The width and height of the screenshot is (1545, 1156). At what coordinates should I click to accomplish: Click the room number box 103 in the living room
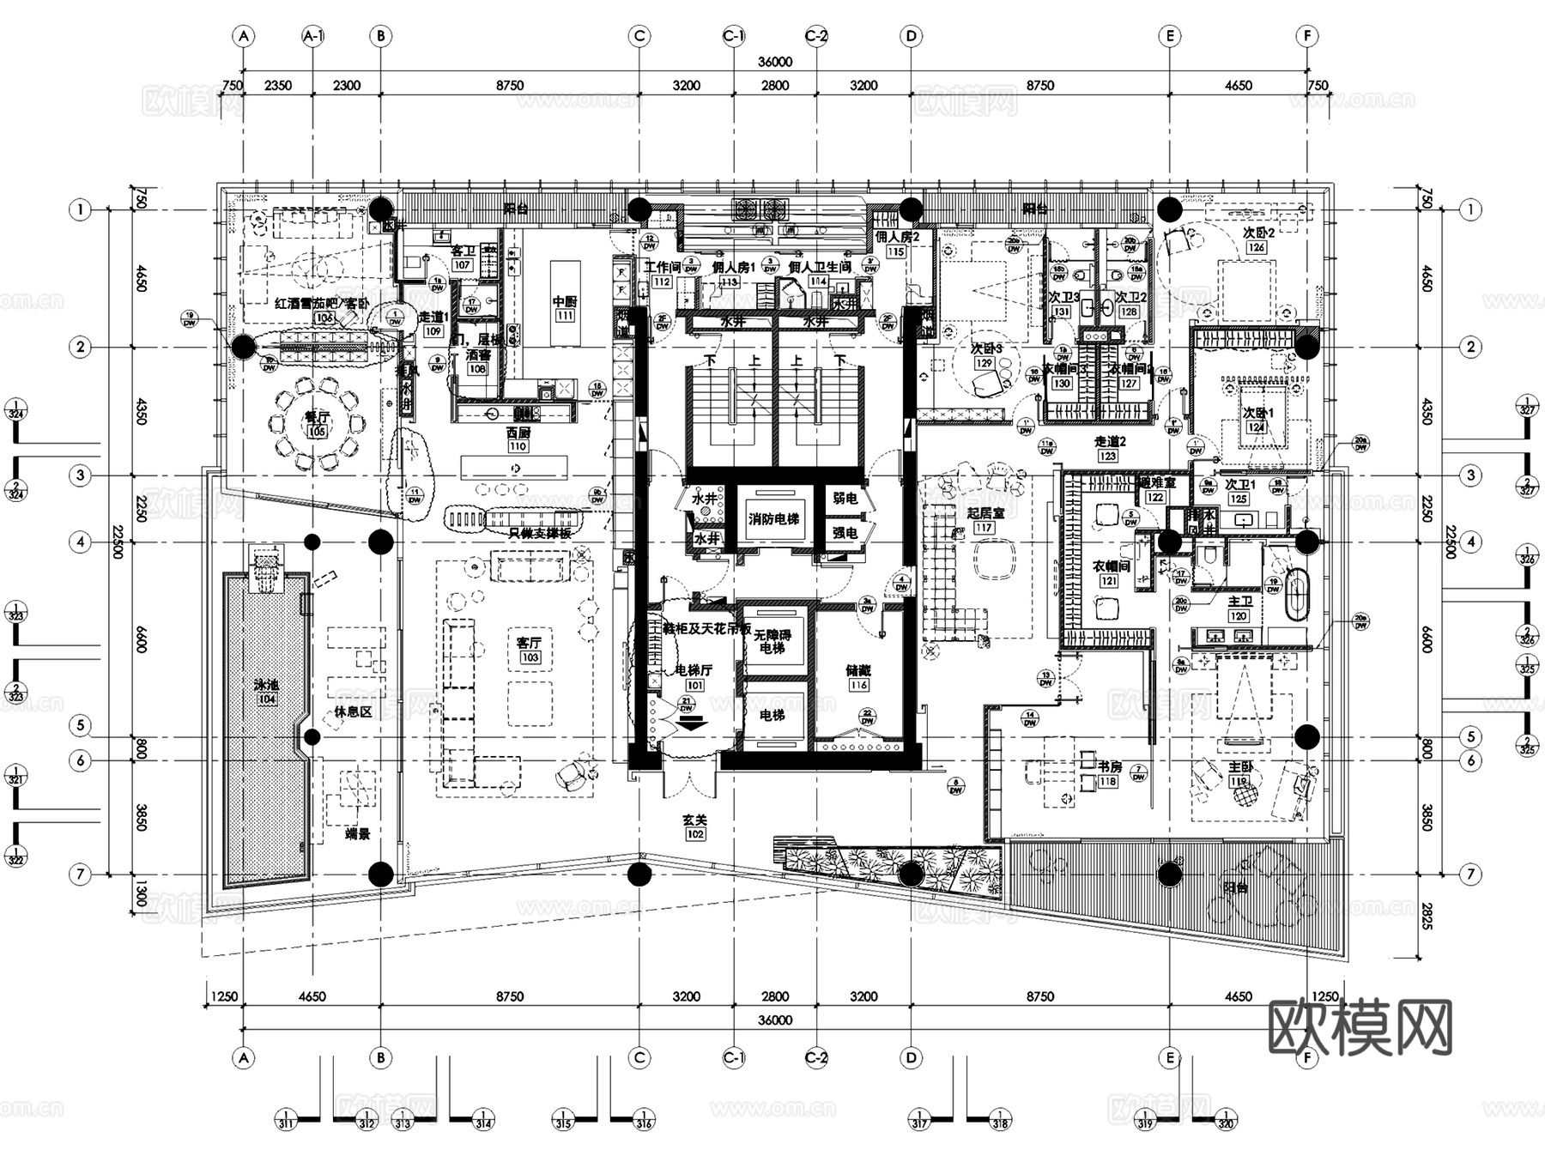point(530,658)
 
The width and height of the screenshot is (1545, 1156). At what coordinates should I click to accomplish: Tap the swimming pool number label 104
point(266,699)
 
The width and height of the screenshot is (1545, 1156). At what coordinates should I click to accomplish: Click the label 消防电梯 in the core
point(773,519)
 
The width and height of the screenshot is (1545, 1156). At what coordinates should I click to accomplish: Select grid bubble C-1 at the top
point(733,36)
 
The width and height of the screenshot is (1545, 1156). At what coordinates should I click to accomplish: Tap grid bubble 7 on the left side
point(81,875)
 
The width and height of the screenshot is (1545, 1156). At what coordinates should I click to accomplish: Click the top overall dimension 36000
point(774,63)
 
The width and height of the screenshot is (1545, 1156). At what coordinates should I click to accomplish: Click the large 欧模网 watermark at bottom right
point(1360,1027)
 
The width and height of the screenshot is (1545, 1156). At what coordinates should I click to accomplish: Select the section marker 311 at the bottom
point(286,1120)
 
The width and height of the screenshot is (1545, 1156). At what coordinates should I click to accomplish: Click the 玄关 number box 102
point(695,834)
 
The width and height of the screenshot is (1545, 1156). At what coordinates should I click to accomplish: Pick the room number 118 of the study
point(1108,781)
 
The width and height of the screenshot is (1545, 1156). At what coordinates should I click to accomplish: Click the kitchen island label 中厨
point(564,302)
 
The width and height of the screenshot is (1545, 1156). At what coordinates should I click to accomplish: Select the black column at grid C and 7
point(639,875)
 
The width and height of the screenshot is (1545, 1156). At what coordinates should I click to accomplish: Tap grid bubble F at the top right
point(1307,36)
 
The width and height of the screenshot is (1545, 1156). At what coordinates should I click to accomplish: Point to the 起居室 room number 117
point(984,528)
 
